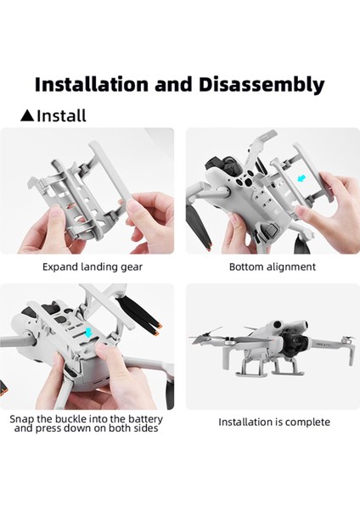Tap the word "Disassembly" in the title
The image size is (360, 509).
[267, 84]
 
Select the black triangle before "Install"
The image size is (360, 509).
[26, 115]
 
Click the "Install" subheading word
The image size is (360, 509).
[61, 115]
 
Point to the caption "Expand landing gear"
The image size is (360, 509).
[93, 266]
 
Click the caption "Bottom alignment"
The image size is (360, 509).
[273, 266]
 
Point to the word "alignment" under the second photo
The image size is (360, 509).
[288, 266]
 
